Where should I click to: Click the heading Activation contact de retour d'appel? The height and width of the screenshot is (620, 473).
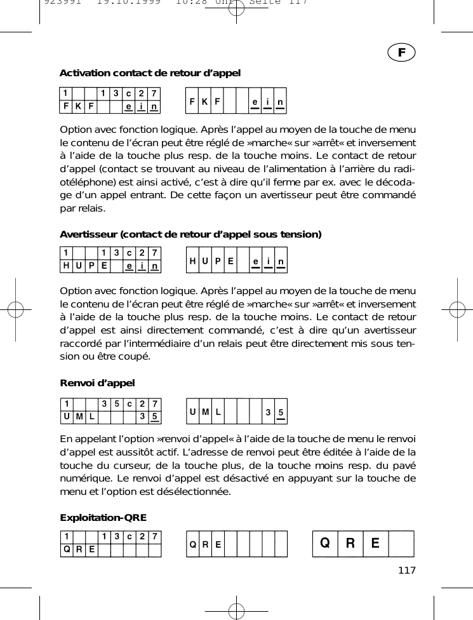(x=150, y=74)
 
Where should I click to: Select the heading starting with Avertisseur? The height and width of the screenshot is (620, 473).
(x=190, y=234)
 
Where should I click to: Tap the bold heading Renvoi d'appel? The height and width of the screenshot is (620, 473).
(x=97, y=383)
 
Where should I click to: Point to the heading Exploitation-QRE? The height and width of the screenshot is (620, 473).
(x=103, y=518)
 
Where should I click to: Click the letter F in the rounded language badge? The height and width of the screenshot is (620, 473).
(x=401, y=53)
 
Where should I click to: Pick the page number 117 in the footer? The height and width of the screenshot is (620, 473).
(x=406, y=570)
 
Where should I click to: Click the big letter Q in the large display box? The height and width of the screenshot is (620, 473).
(x=325, y=544)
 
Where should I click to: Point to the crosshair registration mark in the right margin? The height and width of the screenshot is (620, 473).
(x=456, y=309)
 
